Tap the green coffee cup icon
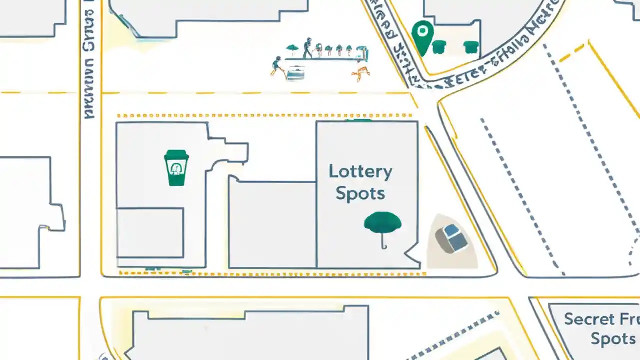coord(176,168)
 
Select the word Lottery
coord(360,172)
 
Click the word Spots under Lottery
coord(360,194)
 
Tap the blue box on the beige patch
coord(452,238)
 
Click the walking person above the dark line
coord(307,48)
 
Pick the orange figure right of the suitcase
coord(360,74)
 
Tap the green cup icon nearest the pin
coord(438,47)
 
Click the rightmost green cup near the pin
coord(471,47)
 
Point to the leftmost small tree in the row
coord(292,49)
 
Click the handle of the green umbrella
coord(383,242)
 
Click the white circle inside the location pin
coord(423,31)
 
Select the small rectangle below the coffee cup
coord(150,233)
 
